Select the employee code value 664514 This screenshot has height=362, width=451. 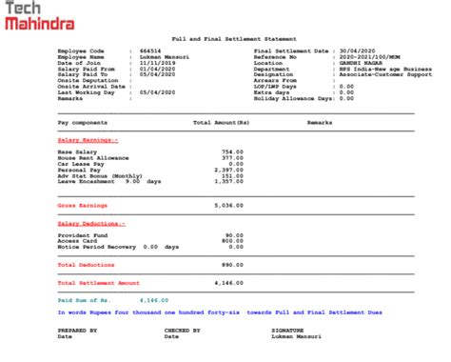[x=150, y=50]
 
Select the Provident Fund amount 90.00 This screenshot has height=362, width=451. [x=234, y=234]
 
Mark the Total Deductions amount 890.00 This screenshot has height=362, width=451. [x=232, y=264]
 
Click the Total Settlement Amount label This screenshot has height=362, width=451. [x=98, y=283]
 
